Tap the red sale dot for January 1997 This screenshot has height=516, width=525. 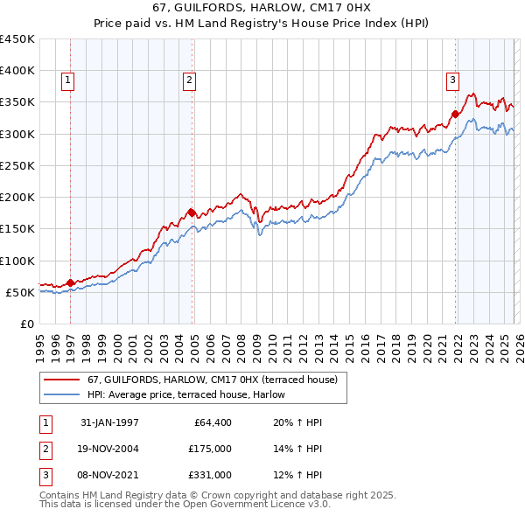[71, 282]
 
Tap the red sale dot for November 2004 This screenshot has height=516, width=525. [192, 212]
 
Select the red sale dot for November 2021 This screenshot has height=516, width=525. [456, 114]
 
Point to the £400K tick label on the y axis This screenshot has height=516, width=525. [17, 71]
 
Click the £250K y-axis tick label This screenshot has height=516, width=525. [17, 165]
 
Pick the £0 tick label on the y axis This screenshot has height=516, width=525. [28, 324]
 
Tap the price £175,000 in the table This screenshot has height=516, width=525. [210, 449]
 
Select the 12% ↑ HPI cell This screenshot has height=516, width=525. [298, 475]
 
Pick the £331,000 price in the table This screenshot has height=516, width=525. [210, 475]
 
